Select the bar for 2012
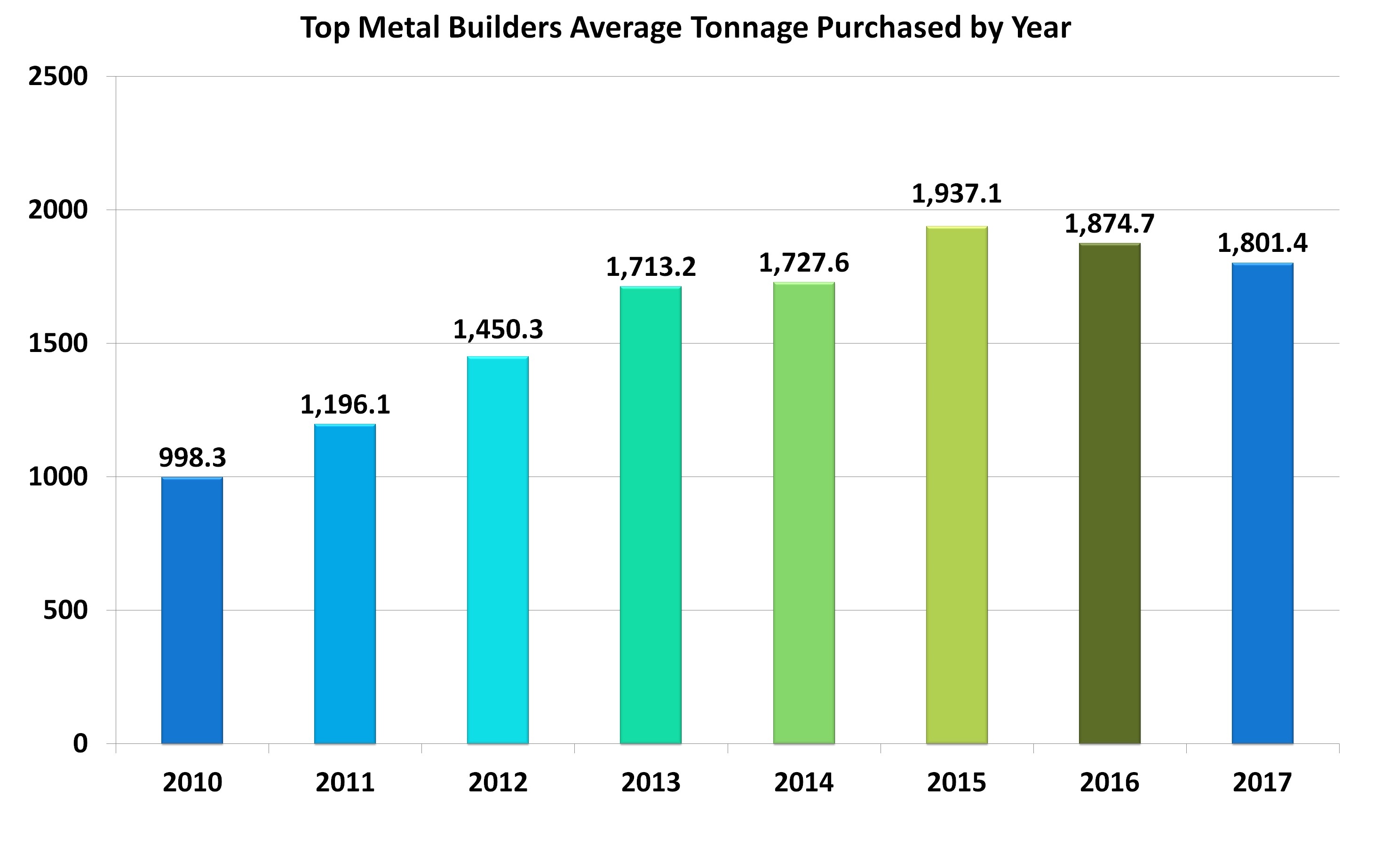pos(498,550)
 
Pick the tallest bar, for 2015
pos(956,485)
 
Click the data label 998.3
pos(192,458)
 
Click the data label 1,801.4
pos(1262,243)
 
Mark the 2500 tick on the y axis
pos(58,77)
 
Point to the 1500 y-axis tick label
pos(58,344)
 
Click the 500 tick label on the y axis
pos(66,610)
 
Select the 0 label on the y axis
pos(80,744)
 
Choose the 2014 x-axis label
pos(803,783)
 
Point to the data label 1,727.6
pos(803,263)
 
